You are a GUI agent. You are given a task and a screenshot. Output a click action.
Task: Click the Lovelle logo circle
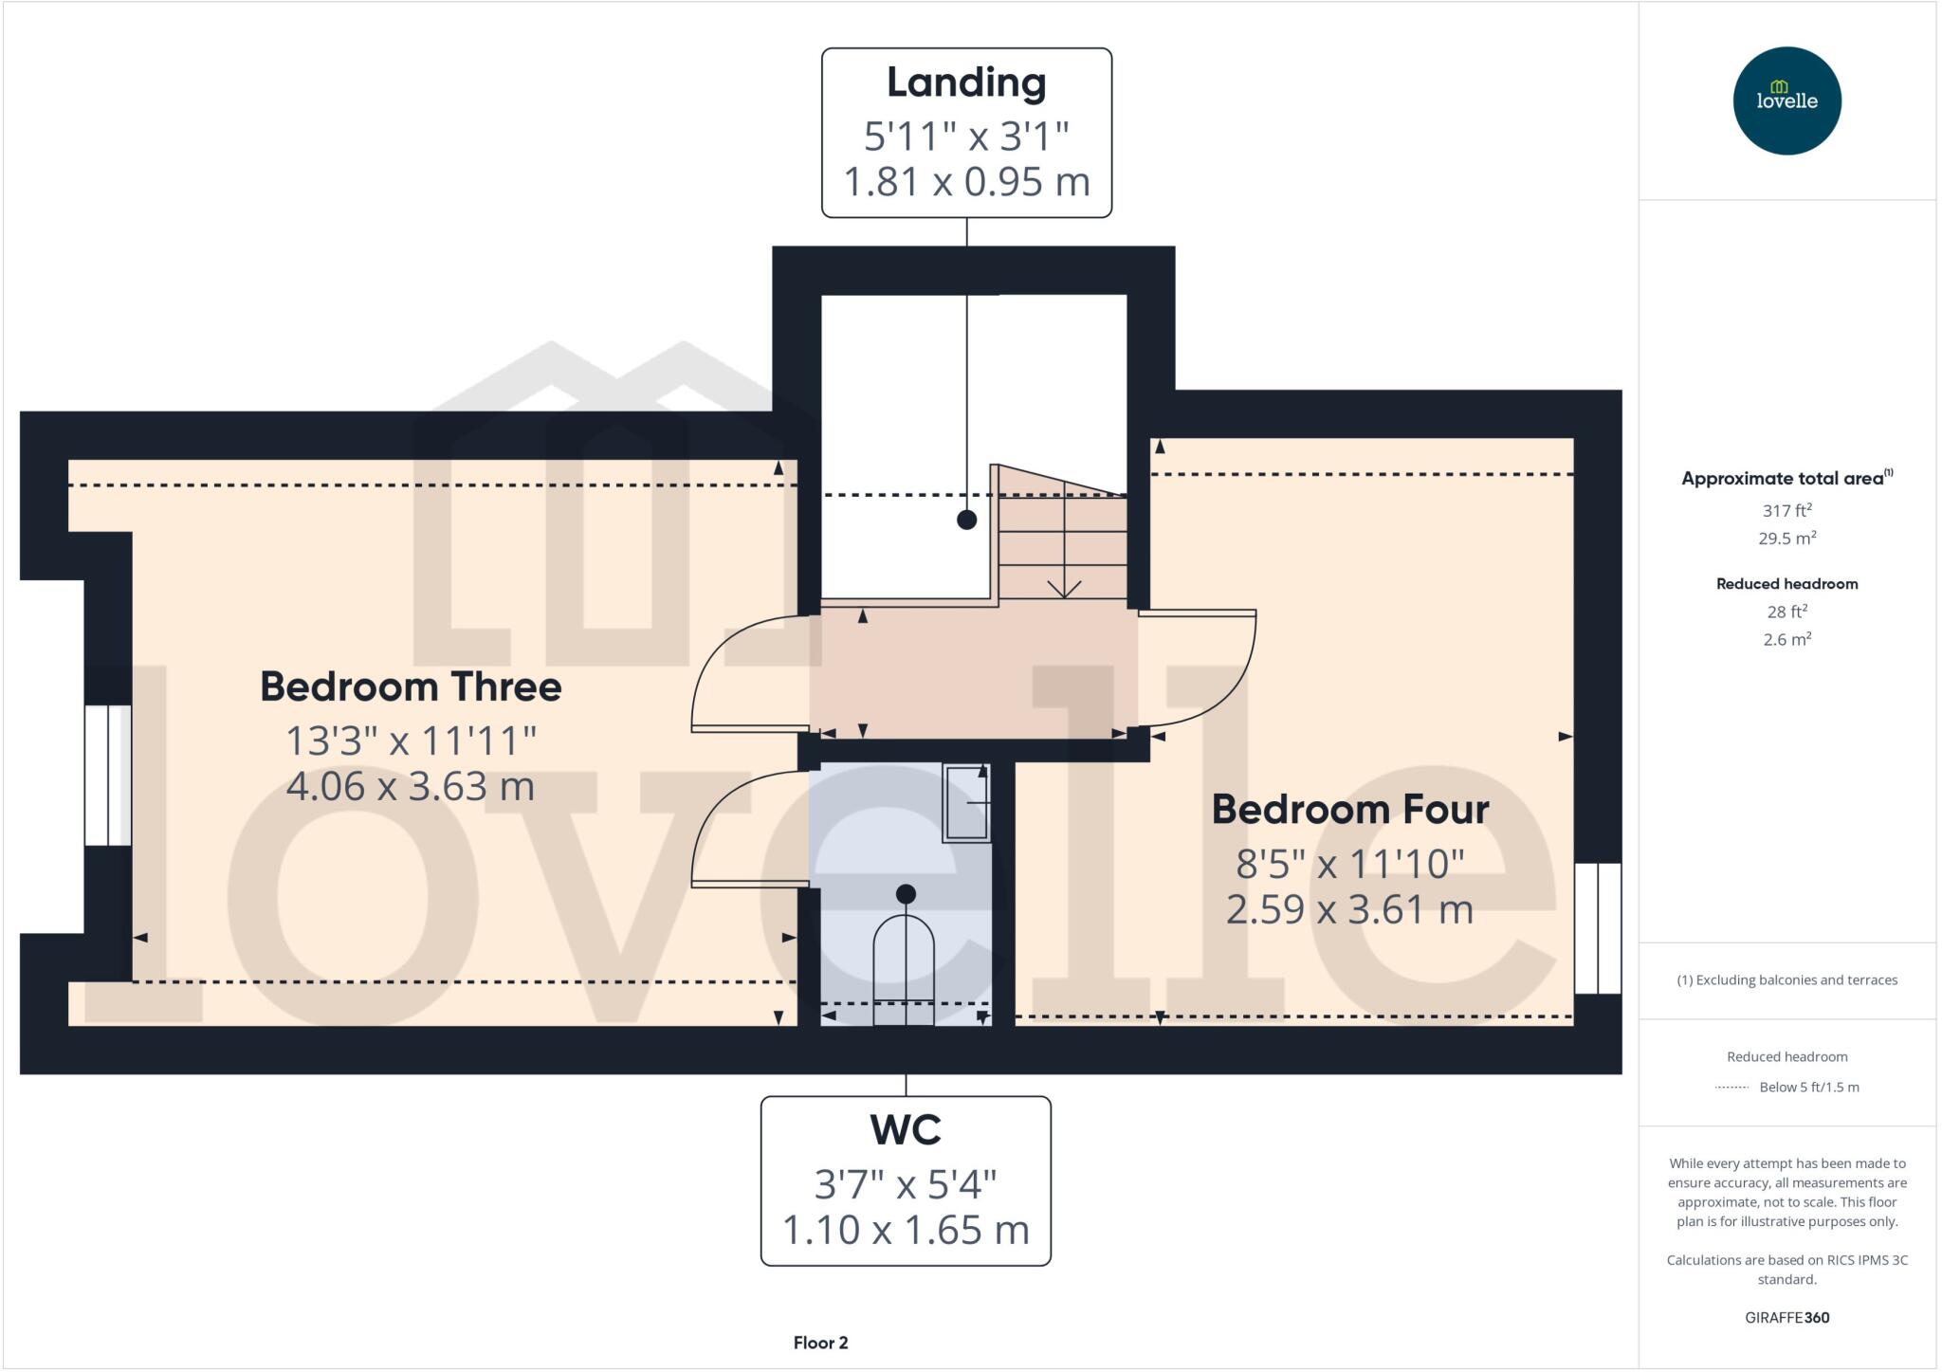point(1786,101)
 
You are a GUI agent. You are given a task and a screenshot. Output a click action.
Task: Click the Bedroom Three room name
point(411,686)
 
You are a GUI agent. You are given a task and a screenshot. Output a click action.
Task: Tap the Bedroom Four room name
point(1349,810)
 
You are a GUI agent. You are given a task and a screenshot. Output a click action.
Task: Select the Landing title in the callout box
point(966,82)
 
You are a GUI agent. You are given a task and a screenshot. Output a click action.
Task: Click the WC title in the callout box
point(906,1130)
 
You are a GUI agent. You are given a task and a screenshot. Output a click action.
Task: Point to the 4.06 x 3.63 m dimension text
point(411,786)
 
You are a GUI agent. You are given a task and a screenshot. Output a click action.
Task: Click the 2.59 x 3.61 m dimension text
point(1349,910)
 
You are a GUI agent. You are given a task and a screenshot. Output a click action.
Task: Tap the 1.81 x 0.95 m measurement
point(966,182)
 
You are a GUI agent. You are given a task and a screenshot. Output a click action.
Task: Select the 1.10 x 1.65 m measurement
point(906,1230)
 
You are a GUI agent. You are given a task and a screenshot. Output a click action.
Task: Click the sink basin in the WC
point(966,803)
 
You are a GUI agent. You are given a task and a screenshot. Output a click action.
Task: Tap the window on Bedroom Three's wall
point(107,775)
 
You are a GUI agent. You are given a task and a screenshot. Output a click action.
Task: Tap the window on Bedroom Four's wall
point(1598,927)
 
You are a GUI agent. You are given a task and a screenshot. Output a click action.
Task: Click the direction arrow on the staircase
point(1064,589)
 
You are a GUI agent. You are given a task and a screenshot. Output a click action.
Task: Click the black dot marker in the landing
point(966,520)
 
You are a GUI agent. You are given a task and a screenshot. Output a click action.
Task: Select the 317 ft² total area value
point(1786,510)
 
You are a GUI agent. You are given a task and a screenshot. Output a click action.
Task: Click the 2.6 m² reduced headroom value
point(1786,640)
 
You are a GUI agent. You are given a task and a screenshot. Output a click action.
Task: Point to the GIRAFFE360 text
point(1786,1317)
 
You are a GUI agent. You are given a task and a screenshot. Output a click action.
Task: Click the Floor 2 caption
point(820,1343)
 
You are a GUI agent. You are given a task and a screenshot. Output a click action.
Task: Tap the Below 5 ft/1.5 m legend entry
point(1808,1087)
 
